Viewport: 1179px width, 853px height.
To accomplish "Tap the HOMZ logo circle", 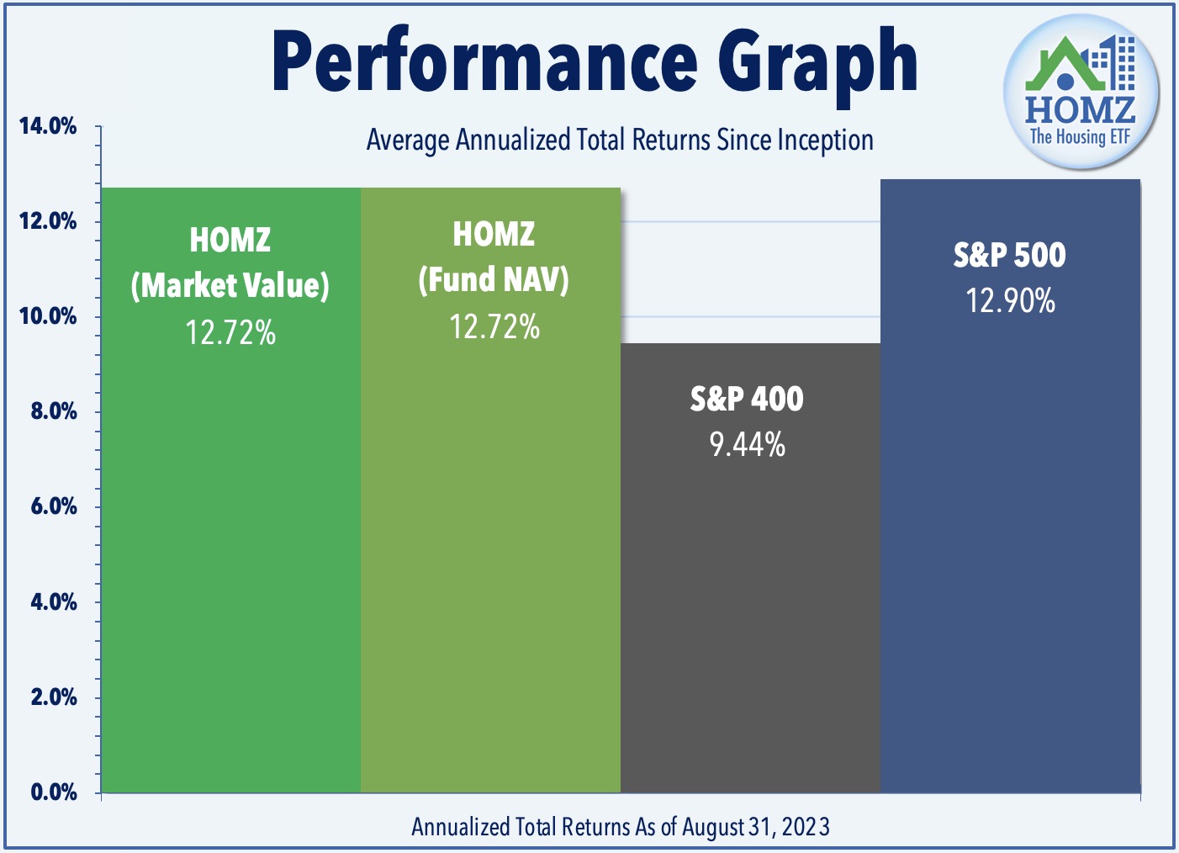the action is [1081, 91].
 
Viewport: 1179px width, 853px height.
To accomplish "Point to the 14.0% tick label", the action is [48, 126].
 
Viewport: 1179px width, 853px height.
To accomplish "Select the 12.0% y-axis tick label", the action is [48, 221].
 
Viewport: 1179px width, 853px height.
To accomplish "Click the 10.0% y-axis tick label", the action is [48, 316].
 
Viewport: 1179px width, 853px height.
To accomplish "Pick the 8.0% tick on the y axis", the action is [54, 411].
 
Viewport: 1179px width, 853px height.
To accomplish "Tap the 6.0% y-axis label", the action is [54, 506].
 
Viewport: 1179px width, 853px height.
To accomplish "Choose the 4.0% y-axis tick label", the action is [54, 601].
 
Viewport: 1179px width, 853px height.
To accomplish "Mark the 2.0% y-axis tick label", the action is [54, 697].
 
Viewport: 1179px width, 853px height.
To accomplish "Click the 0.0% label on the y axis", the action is [54, 792].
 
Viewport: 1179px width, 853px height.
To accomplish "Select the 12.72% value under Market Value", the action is [230, 332].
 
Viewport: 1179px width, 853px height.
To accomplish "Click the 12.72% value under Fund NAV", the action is [494, 326].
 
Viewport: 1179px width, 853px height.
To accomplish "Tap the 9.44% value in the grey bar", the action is [748, 444].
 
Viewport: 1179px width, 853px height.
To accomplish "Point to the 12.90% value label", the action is [1011, 300].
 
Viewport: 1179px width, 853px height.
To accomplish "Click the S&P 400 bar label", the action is [747, 399].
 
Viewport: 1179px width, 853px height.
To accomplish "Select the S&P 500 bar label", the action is [1009, 255].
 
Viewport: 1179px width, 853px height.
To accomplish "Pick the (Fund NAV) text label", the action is [494, 279].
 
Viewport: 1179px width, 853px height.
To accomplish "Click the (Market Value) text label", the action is [230, 286].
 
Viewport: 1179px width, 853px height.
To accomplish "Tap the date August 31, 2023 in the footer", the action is [756, 827].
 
